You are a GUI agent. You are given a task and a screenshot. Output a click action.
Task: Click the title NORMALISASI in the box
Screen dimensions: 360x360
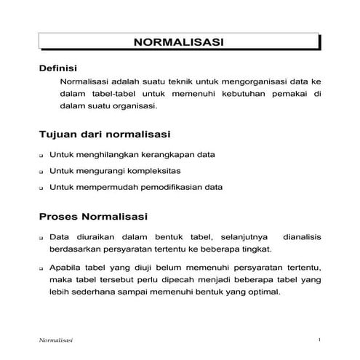pos(178,42)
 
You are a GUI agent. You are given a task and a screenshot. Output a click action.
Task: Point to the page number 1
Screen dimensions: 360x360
pos(319,340)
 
